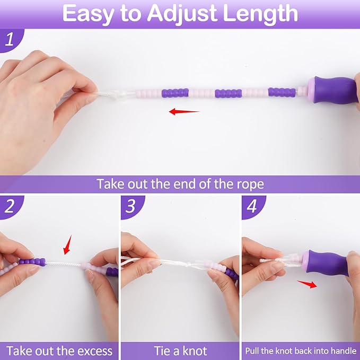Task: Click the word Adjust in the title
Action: [x=182, y=14]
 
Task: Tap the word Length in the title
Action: [x=260, y=13]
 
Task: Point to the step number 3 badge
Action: [x=132, y=207]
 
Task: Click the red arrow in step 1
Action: [x=184, y=111]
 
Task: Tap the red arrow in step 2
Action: [x=67, y=245]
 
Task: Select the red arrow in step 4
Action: [x=307, y=284]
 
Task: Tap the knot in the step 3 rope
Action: [x=189, y=264]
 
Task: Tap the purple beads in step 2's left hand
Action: [x=32, y=262]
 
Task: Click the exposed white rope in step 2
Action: [x=64, y=264]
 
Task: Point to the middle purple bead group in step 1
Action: [x=228, y=93]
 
